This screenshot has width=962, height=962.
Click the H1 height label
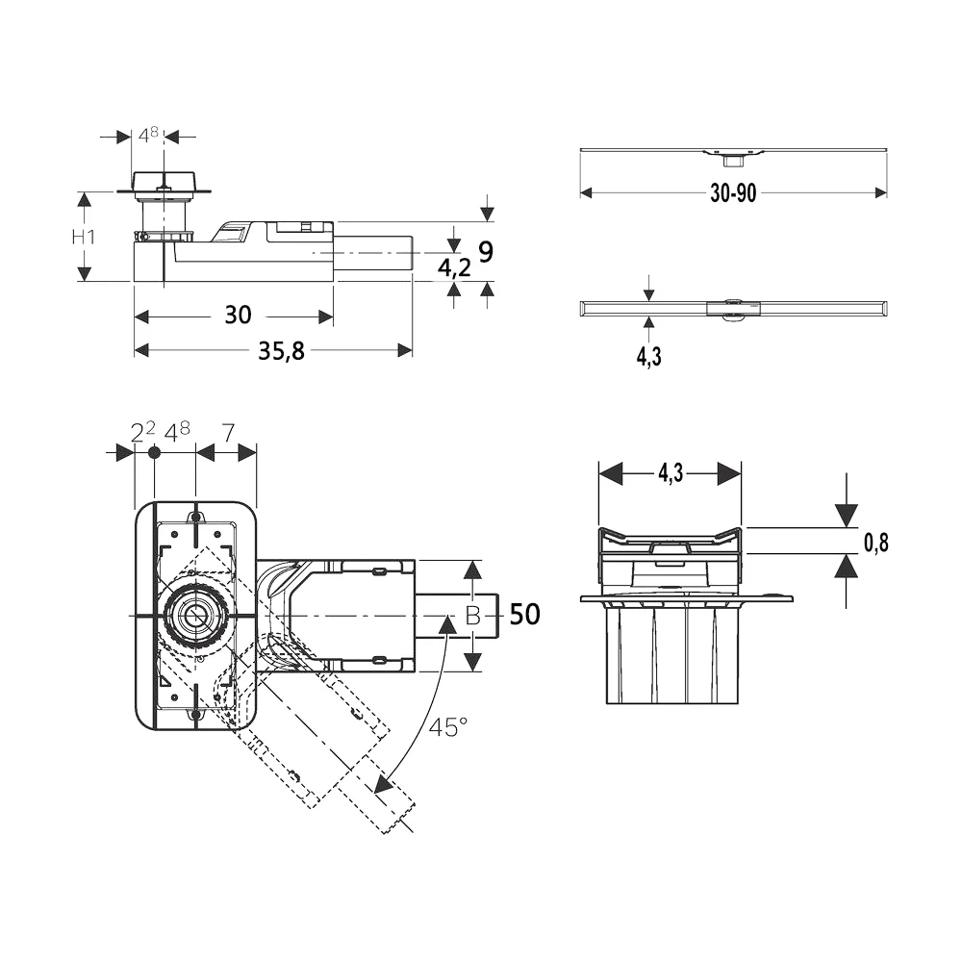(84, 237)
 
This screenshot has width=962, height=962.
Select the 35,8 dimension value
(281, 351)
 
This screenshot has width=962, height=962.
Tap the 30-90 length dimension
(733, 193)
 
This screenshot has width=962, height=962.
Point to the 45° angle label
(448, 727)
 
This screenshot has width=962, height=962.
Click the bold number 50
(525, 614)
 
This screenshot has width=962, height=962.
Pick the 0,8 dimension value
(876, 543)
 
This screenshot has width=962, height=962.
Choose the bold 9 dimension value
(485, 251)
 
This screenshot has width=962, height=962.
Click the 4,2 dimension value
(454, 267)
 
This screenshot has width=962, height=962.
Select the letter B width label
(472, 616)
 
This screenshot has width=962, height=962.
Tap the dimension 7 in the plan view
(228, 433)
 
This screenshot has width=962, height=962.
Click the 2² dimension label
(143, 432)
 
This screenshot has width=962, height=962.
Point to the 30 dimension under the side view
(238, 315)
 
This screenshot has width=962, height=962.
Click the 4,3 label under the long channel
(649, 356)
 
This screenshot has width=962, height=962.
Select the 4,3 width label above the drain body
(671, 473)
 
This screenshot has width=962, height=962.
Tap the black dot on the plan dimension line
(154, 453)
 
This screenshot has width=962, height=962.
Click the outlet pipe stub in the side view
(373, 252)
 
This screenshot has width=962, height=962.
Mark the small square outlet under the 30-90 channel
(732, 161)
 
